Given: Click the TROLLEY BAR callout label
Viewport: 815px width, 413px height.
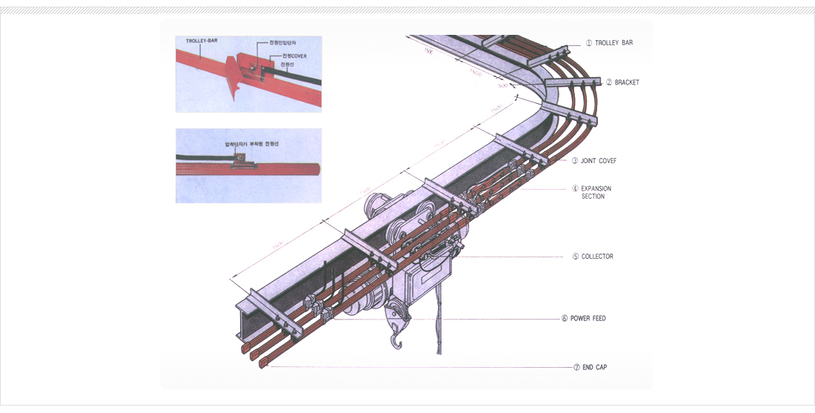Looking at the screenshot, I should click(613, 43).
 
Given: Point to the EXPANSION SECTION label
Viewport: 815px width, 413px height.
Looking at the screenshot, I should click(596, 193).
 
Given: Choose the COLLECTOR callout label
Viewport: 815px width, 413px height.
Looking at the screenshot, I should click(597, 257).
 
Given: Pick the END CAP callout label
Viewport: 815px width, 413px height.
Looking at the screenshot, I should click(594, 367).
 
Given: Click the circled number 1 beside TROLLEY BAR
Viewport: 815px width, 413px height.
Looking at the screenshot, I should click(589, 43).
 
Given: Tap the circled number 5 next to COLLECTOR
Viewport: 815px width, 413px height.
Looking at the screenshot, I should click(575, 257).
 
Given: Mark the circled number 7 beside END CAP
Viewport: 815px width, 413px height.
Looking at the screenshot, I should click(576, 367).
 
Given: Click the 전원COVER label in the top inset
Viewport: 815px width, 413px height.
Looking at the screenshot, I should click(294, 56).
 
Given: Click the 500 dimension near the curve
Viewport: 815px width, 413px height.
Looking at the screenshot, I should click(503, 86).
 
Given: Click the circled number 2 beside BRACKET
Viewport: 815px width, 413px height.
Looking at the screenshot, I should click(609, 82).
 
